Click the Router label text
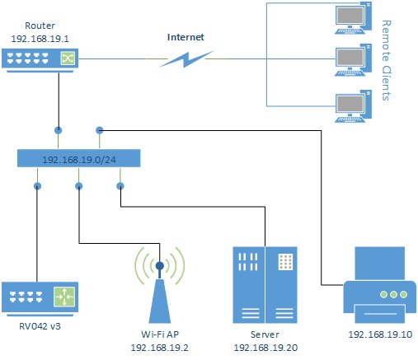[40, 26]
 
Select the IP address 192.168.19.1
[40, 39]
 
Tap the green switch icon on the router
[68, 58]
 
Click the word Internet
[186, 37]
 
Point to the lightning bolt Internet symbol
[186, 59]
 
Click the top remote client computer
[353, 18]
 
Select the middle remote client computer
[353, 60]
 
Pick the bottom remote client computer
[353, 106]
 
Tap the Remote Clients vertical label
[386, 60]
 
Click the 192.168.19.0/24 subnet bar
[79, 158]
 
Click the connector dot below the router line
[59, 130]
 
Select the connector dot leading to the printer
[100, 130]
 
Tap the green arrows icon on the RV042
[64, 297]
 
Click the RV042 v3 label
[40, 326]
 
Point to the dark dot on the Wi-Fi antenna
[160, 265]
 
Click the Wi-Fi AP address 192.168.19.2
[159, 348]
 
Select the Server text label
[265, 334]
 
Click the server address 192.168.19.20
[265, 348]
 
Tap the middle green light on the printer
[393, 295]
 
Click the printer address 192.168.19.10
[380, 334]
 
